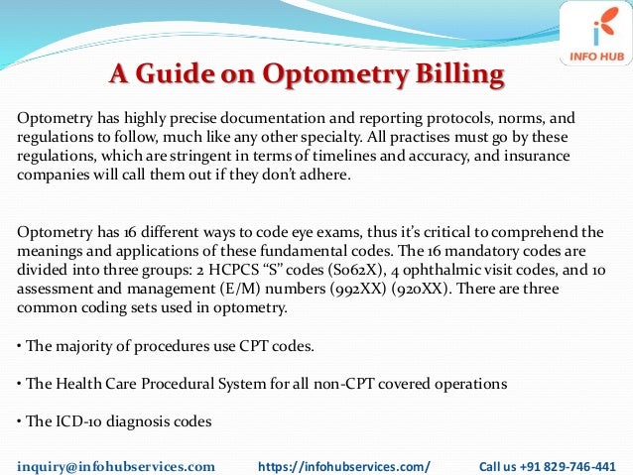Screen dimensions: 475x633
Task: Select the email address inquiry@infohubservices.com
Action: (116, 464)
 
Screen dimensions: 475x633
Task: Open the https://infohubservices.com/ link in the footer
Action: (343, 464)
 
